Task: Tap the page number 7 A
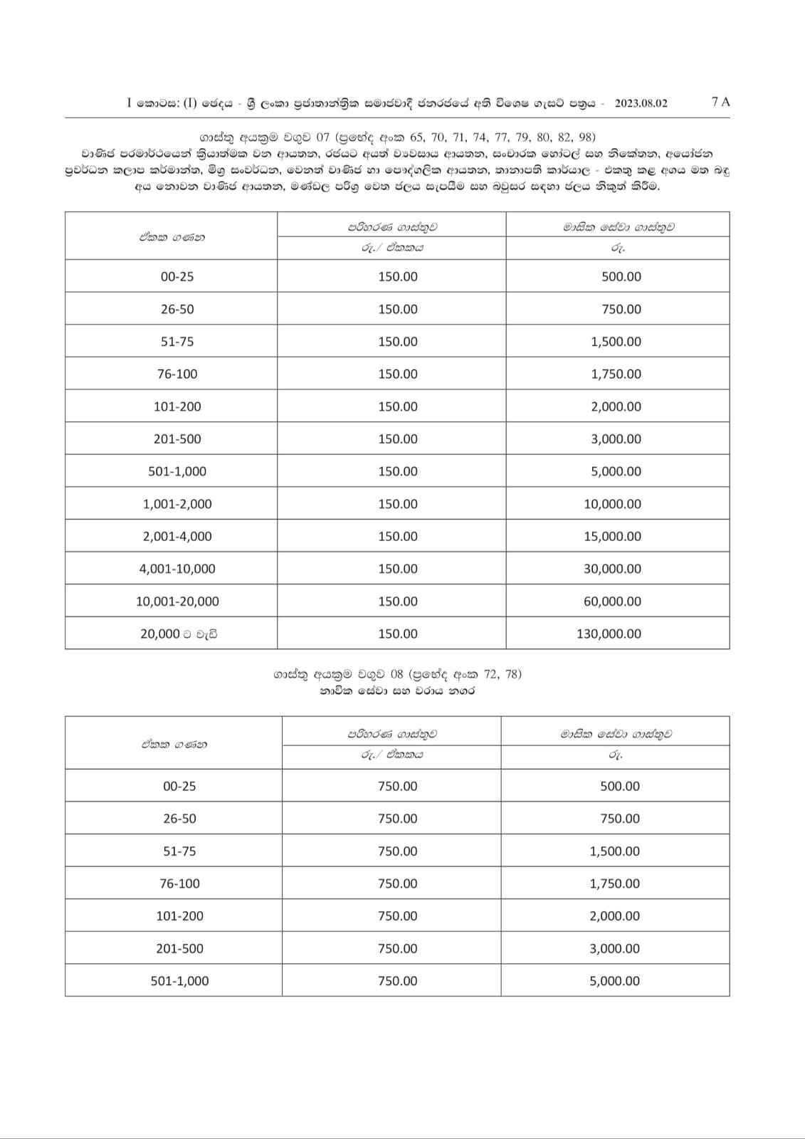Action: pos(720,102)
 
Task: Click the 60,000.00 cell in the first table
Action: pos(612,602)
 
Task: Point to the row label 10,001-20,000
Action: pos(177,602)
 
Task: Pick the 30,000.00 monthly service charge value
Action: pos(612,569)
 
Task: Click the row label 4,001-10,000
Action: pos(177,569)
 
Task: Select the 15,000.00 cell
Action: pos(612,537)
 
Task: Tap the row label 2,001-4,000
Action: pos(177,537)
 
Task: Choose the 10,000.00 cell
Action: pos(612,504)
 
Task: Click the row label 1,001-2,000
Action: pos(177,504)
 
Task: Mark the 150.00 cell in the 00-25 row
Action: pos(398,277)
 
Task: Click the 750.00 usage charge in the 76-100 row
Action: pos(398,883)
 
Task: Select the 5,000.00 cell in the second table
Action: pos(614,981)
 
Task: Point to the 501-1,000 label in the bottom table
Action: pos(179,981)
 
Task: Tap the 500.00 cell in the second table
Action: pos(620,787)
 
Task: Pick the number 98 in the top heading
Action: pos(586,137)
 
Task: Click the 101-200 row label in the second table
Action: pos(179,916)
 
